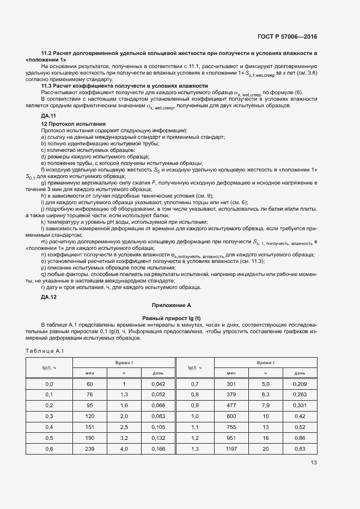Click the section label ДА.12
pos(48,297)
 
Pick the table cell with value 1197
pos(231,449)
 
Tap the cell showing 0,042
pos(158,384)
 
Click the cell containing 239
pos(90,449)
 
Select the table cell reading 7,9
pos(265,406)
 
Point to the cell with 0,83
pos(300,449)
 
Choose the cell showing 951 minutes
pos(231,438)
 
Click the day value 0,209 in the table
pos(300,384)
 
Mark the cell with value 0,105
pos(158,427)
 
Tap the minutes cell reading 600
pos(231,416)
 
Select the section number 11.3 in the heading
pos(47,86)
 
